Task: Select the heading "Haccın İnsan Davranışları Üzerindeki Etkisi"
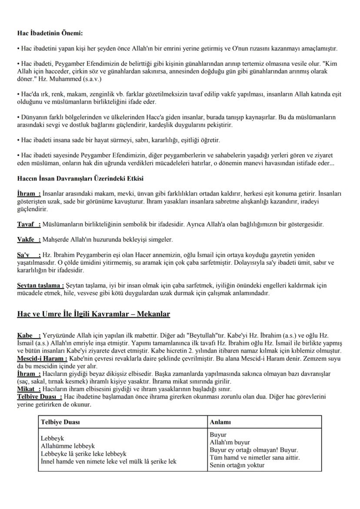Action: pyautogui.click(x=80, y=179)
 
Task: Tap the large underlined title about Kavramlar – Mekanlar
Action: pyautogui.click(x=93, y=314)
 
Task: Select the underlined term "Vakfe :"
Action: pyautogui.click(x=29, y=240)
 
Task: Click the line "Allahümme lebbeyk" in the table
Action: pyautogui.click(x=67, y=446)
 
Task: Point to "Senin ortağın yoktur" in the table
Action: pyautogui.click(x=237, y=465)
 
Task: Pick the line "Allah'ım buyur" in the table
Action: pyautogui.click(x=230, y=442)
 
